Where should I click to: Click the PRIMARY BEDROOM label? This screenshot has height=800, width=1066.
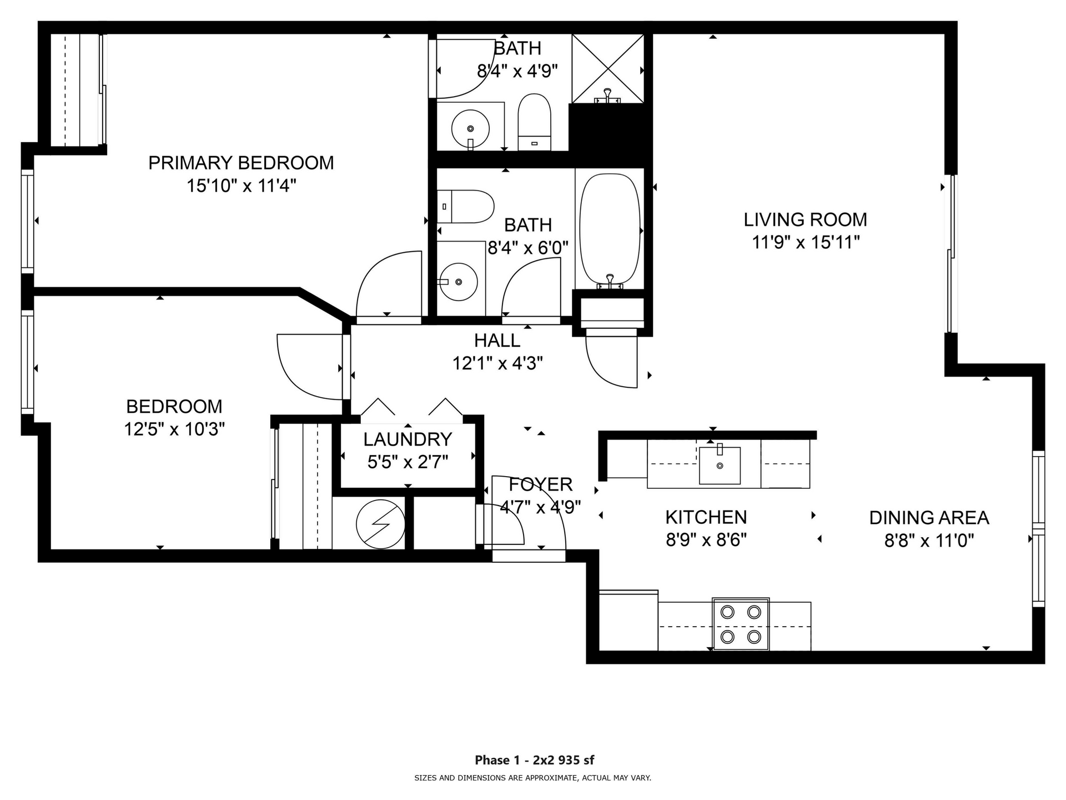(241, 163)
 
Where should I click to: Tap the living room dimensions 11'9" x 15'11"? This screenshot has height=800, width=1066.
(805, 243)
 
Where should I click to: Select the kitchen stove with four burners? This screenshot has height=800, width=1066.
(741, 623)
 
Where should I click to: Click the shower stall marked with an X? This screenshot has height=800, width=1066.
(608, 68)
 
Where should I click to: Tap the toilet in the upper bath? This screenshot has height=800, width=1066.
(534, 121)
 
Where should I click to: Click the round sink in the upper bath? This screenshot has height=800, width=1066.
(470, 128)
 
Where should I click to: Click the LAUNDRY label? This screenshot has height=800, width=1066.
(408, 439)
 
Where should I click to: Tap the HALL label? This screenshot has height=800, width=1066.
(497, 341)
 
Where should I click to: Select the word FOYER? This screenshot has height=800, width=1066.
(540, 484)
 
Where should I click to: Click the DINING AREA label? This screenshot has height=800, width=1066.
(929, 518)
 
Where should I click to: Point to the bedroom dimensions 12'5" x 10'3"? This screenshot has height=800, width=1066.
(174, 429)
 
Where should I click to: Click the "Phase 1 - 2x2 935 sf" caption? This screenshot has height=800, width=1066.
(534, 760)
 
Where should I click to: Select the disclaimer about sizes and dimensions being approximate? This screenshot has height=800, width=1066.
(532, 778)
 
